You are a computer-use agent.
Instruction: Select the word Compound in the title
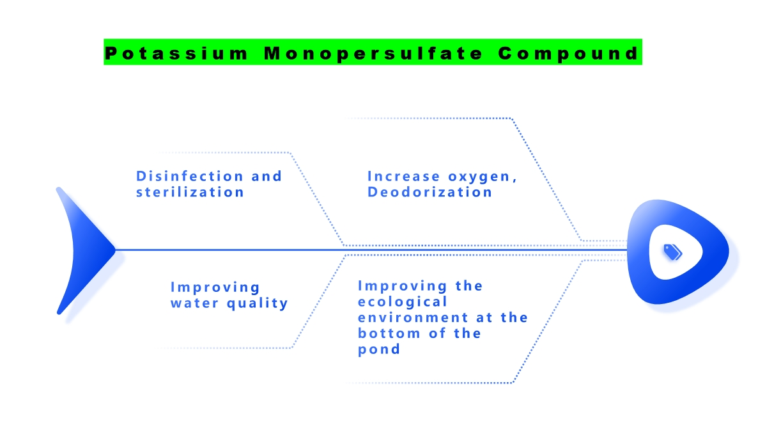568,53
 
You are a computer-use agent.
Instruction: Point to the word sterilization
190,192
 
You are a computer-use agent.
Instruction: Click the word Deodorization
429,192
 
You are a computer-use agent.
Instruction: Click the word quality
258,303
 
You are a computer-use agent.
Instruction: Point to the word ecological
403,301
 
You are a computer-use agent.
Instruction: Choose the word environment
412,317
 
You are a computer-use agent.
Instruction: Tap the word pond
379,349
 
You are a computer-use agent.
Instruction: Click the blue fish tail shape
80,250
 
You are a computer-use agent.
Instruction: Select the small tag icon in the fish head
673,252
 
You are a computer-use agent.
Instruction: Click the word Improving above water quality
215,287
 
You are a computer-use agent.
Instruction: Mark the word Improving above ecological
403,285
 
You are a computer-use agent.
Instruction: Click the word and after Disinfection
267,176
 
